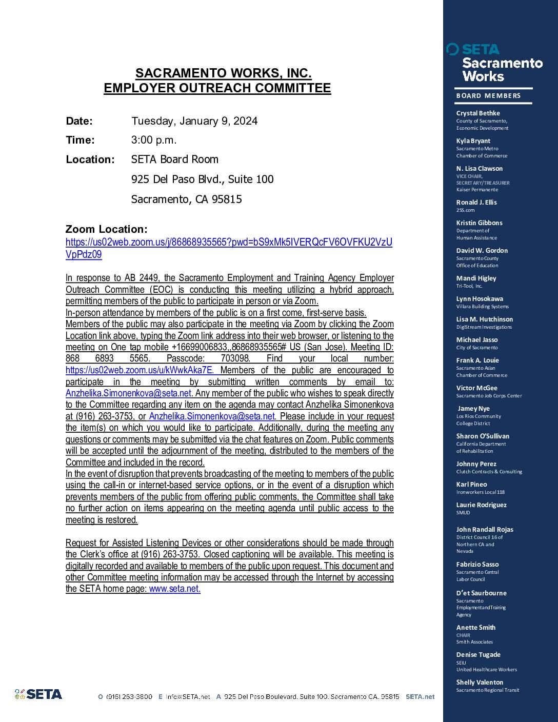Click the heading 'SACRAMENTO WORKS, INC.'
click(223, 73)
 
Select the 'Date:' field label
click(79, 122)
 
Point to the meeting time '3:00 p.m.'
click(154, 140)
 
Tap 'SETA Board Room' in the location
click(175, 159)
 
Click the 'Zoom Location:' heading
click(106, 229)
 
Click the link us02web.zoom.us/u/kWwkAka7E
click(139, 370)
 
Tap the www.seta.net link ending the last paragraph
click(174, 589)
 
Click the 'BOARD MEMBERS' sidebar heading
click(488, 96)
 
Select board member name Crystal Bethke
click(478, 113)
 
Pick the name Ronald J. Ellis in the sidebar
click(476, 203)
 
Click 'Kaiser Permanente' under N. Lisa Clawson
click(477, 190)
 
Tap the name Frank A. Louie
click(477, 360)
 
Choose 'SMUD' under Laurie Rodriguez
click(463, 512)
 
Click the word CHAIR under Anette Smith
click(463, 635)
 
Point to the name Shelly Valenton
click(480, 683)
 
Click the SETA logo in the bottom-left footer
click(38, 694)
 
